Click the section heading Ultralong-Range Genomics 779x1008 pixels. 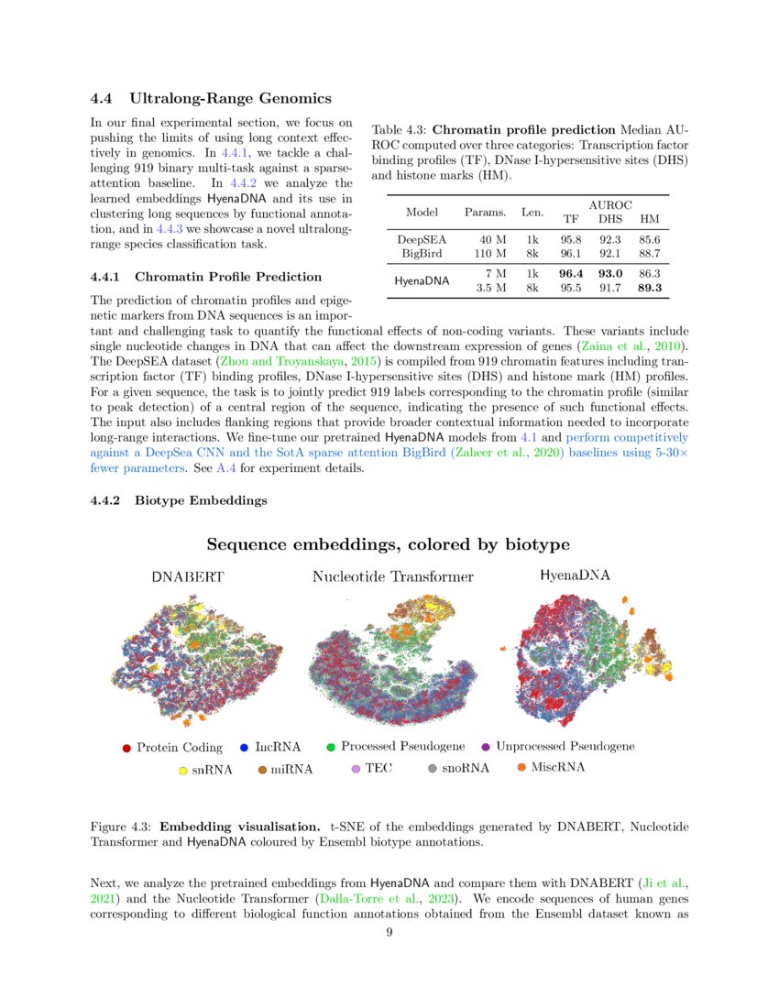[230, 98]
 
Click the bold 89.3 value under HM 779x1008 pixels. [650, 288]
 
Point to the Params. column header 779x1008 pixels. [486, 213]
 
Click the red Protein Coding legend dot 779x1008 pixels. [127, 748]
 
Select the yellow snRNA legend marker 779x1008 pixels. [182, 771]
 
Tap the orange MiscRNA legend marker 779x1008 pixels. [522, 766]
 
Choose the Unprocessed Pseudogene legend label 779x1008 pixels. [565, 746]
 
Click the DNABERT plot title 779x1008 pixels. [188, 577]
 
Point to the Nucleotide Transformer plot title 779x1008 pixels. [392, 576]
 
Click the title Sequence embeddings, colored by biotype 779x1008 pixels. [388, 545]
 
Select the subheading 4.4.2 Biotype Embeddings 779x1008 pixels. [179, 500]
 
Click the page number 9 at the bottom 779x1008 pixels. [389, 933]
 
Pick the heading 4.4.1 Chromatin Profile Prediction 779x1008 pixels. [206, 277]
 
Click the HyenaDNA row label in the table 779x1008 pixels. [422, 281]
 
